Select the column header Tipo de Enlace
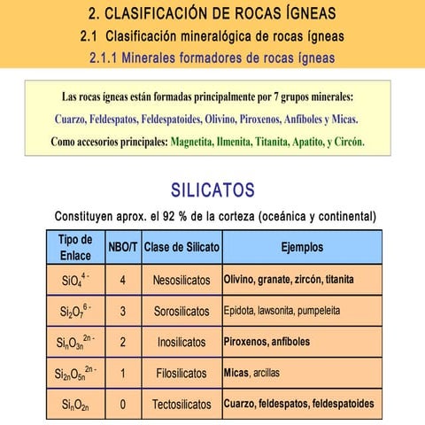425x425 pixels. click(75, 247)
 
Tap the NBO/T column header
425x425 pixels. click(122, 247)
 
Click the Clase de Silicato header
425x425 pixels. click(182, 247)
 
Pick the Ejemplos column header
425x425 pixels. click(302, 247)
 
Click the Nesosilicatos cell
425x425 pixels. click(182, 280)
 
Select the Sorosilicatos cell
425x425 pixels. click(182, 312)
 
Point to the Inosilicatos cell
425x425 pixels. click(182, 342)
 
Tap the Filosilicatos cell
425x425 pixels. click(182, 373)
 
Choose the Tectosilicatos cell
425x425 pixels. click(182, 404)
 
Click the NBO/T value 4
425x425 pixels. click(122, 280)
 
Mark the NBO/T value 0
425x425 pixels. click(122, 404)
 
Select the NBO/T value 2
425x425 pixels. click(122, 342)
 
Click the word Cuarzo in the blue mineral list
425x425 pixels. click(73, 118)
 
